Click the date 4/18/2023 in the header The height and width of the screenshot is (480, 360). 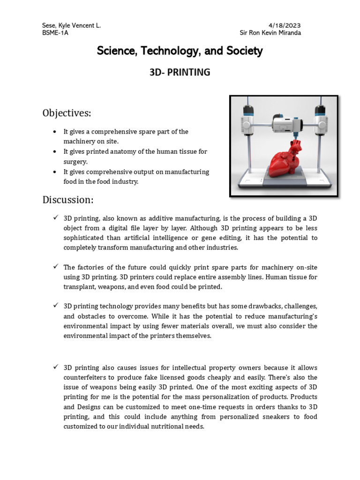click(285, 25)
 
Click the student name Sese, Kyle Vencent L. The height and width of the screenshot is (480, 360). click(71, 25)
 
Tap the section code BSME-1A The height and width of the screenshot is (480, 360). click(55, 33)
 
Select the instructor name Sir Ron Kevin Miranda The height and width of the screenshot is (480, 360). click(270, 33)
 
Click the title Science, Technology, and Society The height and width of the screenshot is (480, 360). click(180, 51)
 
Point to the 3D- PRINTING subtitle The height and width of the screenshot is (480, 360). click(180, 73)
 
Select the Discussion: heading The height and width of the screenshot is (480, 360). click(68, 200)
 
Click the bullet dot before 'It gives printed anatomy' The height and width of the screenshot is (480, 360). click(55, 152)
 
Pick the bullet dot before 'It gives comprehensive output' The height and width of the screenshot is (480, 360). click(55, 172)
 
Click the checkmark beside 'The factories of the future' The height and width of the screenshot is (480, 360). click(55, 267)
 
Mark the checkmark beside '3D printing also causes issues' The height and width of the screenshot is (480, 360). click(55, 367)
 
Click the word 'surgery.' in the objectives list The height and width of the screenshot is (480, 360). click(75, 162)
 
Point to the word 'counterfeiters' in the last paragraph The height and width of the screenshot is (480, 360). click(86, 377)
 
